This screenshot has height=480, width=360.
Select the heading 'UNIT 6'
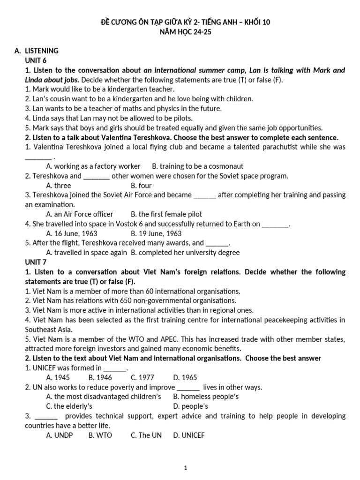click(x=36, y=60)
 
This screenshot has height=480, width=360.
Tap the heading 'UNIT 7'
click(x=36, y=262)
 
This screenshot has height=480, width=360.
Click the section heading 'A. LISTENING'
click(x=37, y=51)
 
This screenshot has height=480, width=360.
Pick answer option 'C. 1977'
click(x=142, y=377)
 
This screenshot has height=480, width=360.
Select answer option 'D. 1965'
click(x=185, y=377)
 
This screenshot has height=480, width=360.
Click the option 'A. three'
click(x=59, y=186)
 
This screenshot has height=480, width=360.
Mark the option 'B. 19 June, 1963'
click(x=156, y=233)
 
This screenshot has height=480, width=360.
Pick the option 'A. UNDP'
click(x=60, y=435)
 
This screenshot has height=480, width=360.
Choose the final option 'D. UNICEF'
click(x=189, y=435)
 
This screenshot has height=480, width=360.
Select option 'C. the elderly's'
click(x=69, y=406)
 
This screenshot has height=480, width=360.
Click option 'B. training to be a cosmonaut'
click(x=198, y=166)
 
